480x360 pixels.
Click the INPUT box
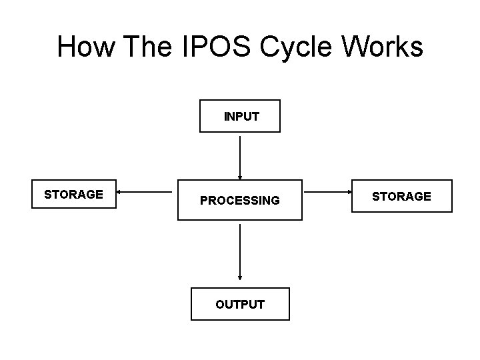point(240,116)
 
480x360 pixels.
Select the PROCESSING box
point(240,199)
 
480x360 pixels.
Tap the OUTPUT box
point(240,304)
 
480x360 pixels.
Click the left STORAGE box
point(75,195)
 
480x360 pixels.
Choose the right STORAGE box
point(401,196)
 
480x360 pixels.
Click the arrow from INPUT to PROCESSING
point(240,156)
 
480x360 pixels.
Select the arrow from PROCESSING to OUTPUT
point(240,252)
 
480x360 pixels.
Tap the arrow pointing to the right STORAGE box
point(327,192)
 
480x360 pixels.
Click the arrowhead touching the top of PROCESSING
point(240,177)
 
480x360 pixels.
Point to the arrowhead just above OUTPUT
point(240,278)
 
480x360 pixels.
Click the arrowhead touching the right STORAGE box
point(348,192)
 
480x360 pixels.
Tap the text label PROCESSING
point(240,200)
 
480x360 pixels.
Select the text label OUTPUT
point(240,305)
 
